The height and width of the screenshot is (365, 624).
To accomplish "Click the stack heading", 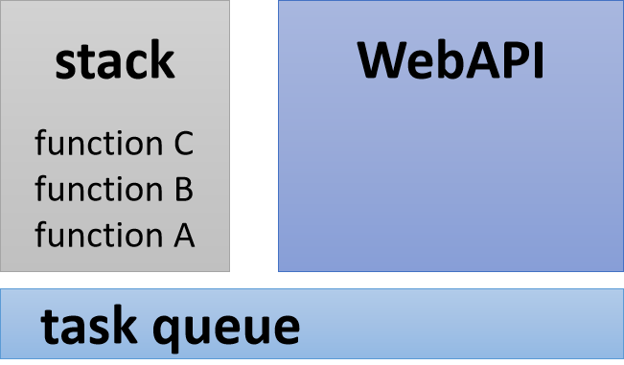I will (x=115, y=61).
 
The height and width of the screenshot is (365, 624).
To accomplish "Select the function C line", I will (x=115, y=144).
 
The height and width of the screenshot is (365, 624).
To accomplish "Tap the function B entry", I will (x=115, y=189).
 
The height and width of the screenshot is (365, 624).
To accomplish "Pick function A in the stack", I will (x=115, y=234).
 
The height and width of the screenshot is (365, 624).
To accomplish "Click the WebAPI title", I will (x=451, y=60).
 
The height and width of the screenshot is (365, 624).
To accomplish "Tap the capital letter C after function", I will (x=184, y=144).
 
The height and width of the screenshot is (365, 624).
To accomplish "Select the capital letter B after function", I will (x=184, y=189).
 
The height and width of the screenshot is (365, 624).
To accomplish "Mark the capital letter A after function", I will (x=184, y=234).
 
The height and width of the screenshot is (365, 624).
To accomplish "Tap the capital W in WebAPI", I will (x=383, y=60).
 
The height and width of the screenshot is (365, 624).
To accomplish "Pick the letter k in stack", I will (x=162, y=60).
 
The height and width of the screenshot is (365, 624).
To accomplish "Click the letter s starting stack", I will (x=65, y=64).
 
